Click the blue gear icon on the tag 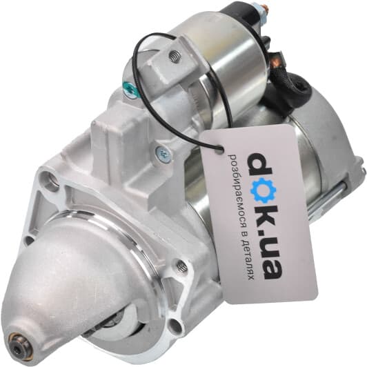tap(263, 190)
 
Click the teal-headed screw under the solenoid tap(129, 88)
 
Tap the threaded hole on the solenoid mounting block tap(175, 57)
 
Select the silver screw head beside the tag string tap(163, 153)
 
